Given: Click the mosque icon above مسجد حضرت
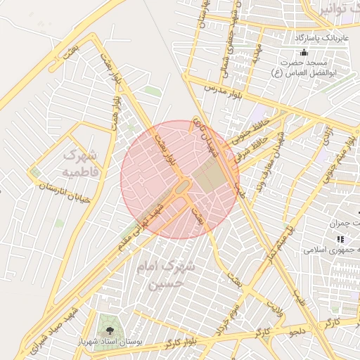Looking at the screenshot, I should coord(304,53).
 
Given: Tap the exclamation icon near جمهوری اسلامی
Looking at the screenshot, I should coord(340,240).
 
